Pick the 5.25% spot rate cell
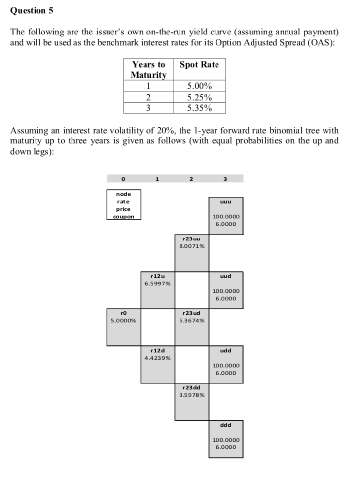pos(199,97)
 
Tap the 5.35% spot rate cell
pos(199,108)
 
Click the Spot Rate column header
pos(199,65)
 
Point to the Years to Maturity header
pos(148,69)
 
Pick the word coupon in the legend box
pos(123,216)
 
